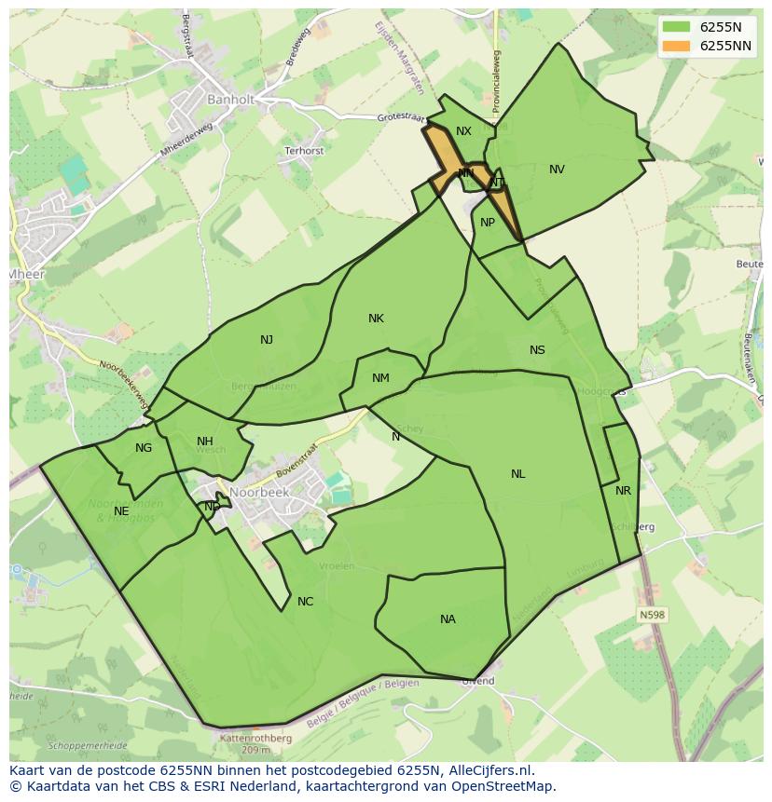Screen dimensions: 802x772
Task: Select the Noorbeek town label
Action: click(x=260, y=494)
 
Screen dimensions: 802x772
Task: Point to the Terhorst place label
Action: click(x=304, y=150)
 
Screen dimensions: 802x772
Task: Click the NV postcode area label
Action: click(x=557, y=170)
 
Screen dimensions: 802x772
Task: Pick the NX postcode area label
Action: click(x=463, y=131)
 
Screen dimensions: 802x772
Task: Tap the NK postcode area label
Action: click(x=376, y=319)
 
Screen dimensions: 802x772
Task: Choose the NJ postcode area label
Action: click(x=267, y=340)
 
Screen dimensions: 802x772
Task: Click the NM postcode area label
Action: click(x=380, y=378)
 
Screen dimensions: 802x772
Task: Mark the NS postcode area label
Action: click(x=537, y=350)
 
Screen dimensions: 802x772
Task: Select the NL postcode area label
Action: click(x=517, y=474)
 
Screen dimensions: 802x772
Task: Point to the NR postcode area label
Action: click(x=623, y=491)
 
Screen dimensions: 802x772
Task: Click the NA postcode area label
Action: click(x=448, y=619)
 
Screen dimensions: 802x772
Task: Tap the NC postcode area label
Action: click(x=305, y=602)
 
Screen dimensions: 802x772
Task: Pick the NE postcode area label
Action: click(x=121, y=511)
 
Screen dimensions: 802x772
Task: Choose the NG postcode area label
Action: click(x=143, y=448)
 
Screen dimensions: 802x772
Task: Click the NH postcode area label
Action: click(x=205, y=442)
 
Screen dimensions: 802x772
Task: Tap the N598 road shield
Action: click(x=653, y=615)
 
